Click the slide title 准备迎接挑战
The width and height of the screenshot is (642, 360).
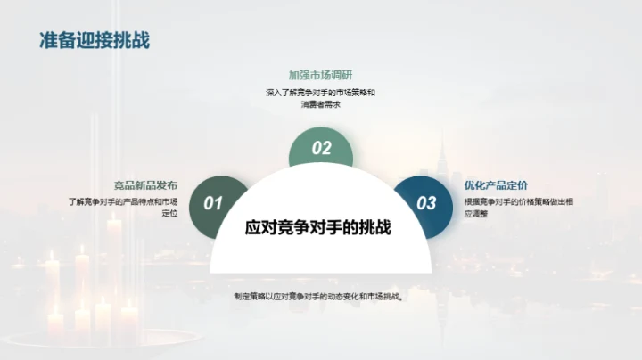[x=95, y=40]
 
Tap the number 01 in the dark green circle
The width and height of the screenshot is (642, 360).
[x=213, y=203]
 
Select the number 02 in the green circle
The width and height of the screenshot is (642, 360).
[x=321, y=149]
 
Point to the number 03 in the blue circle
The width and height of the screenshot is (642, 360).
[x=427, y=203]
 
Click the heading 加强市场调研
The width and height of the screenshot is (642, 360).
[x=320, y=75]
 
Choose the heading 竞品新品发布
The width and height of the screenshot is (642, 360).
[x=145, y=185]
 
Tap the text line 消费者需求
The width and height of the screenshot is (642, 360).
[x=320, y=105]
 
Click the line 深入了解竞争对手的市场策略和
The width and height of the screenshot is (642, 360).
[x=320, y=92]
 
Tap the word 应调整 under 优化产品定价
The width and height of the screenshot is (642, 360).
[x=476, y=214]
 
